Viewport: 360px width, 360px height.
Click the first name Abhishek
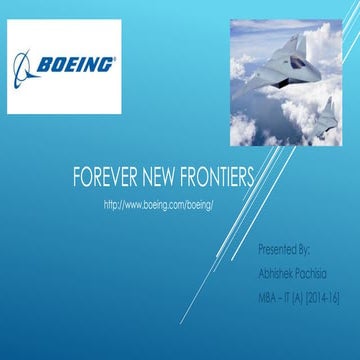tap(278, 270)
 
